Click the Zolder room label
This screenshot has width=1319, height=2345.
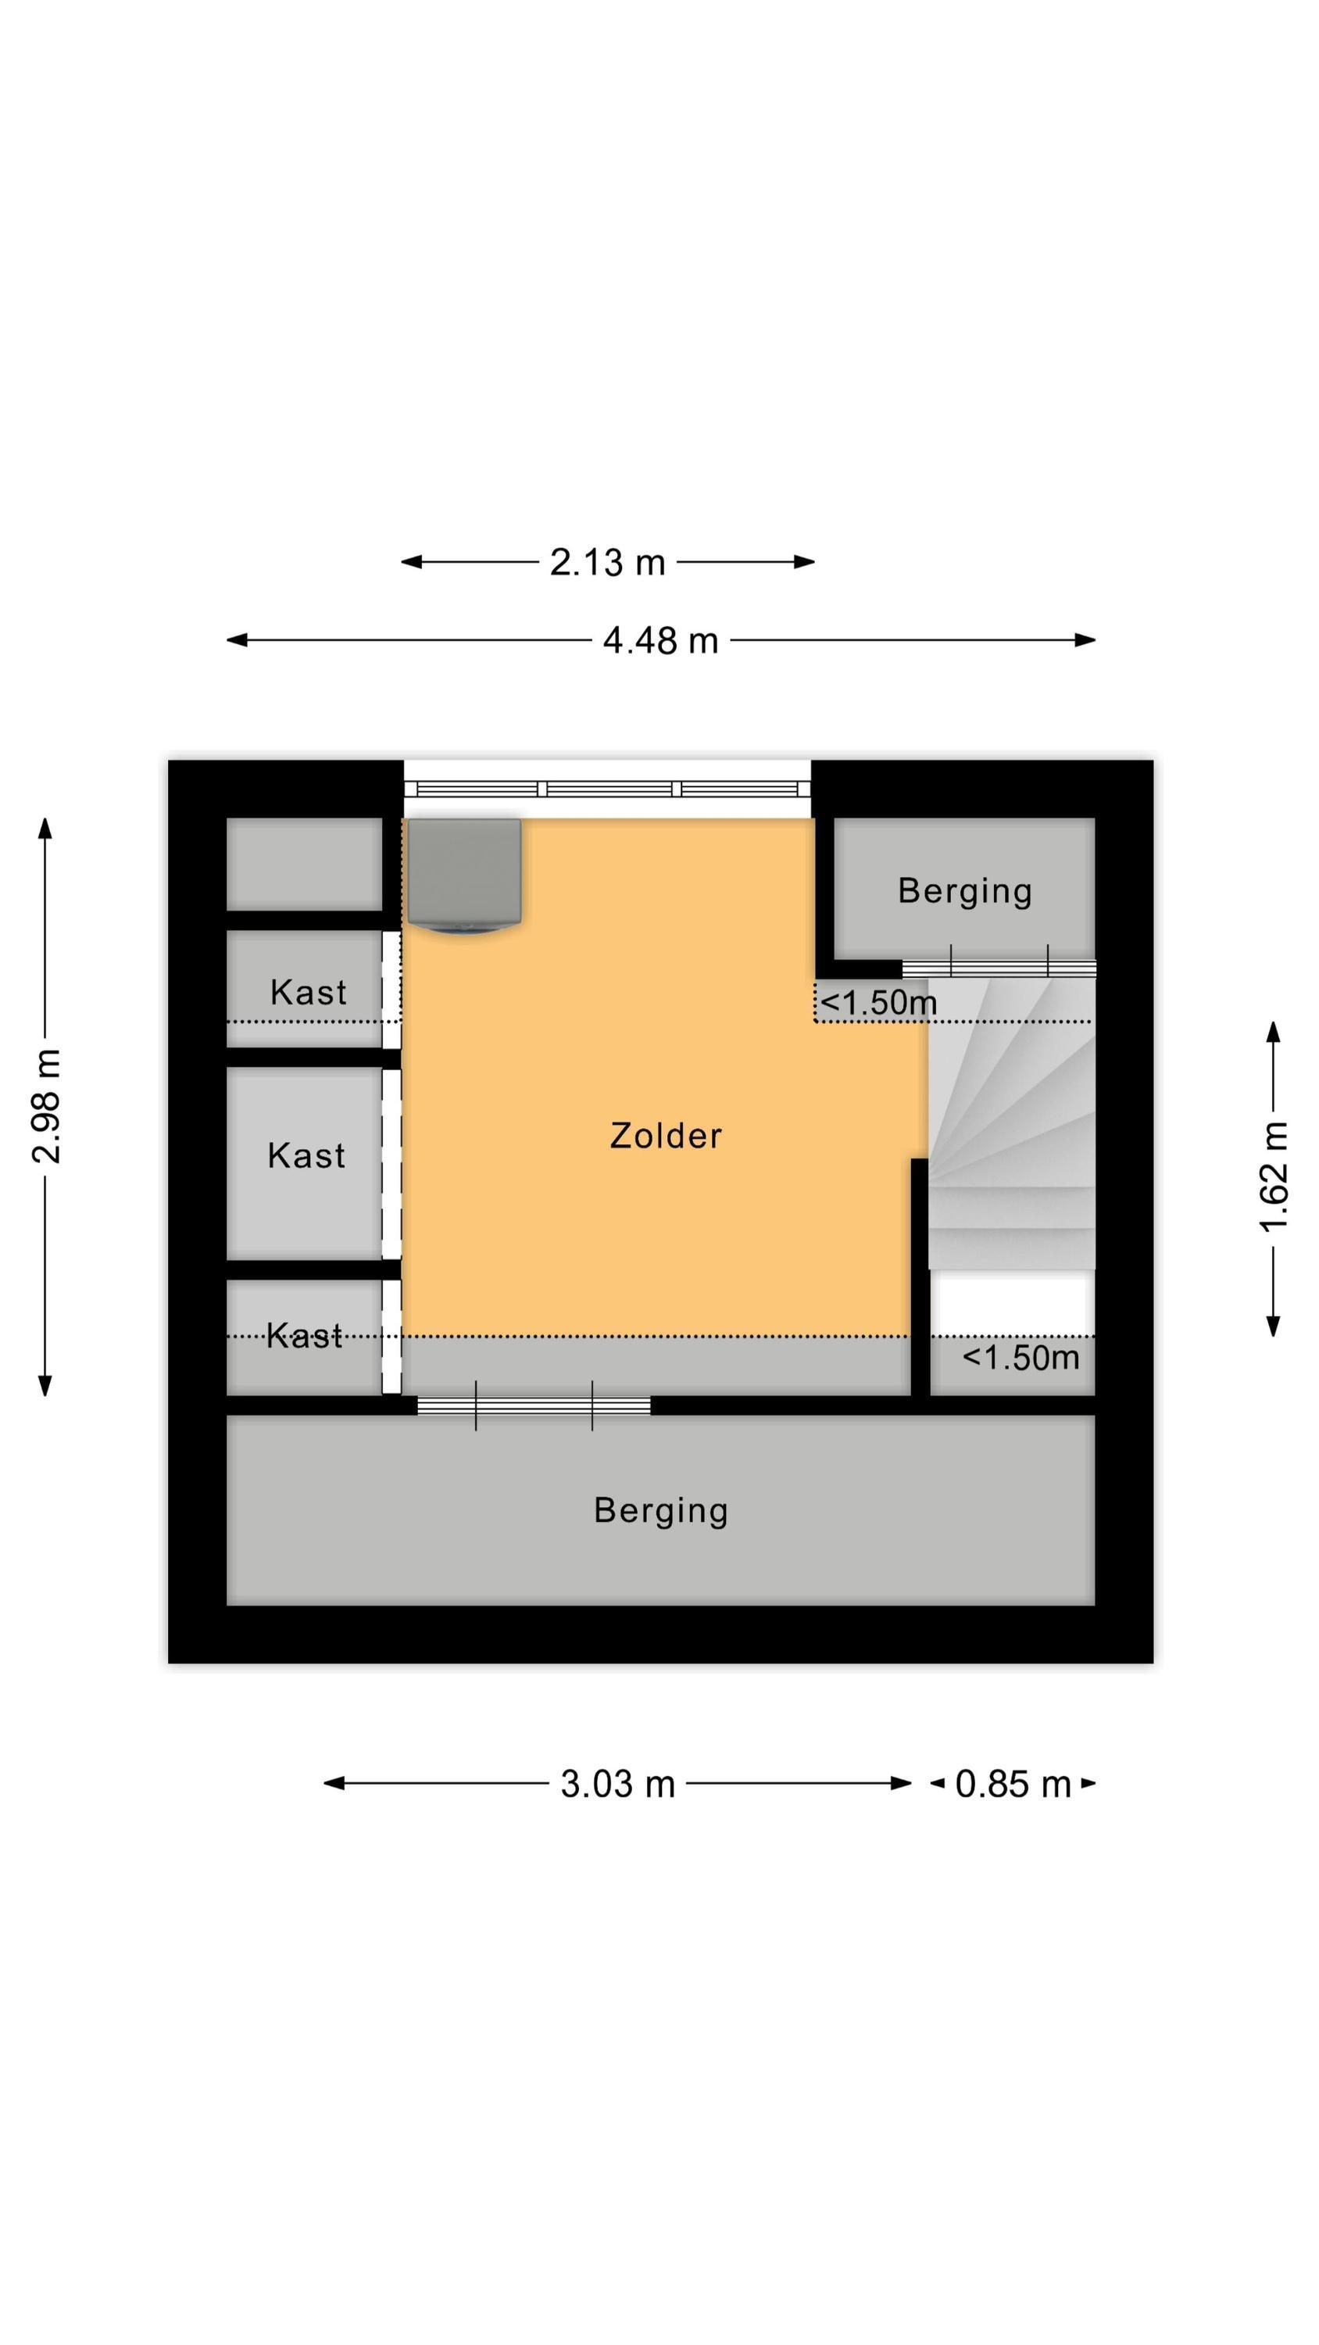pyautogui.click(x=666, y=1135)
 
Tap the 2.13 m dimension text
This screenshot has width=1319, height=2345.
pyautogui.click(x=607, y=563)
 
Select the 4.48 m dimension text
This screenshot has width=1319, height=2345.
pyautogui.click(x=660, y=641)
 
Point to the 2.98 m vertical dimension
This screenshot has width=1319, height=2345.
pyautogui.click(x=45, y=1106)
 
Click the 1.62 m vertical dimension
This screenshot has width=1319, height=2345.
pyautogui.click(x=1274, y=1178)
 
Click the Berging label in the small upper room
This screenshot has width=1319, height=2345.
pyautogui.click(x=965, y=891)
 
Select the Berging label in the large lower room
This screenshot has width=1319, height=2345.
pyautogui.click(x=661, y=1510)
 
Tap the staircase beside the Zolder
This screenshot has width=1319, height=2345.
pyautogui.click(x=1011, y=1123)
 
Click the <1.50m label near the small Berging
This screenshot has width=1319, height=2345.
pyautogui.click(x=878, y=1002)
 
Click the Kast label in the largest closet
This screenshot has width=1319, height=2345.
pyautogui.click(x=307, y=1155)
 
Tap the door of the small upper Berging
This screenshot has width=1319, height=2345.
pyautogui.click(x=999, y=968)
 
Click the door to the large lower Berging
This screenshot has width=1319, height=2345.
pyautogui.click(x=534, y=1406)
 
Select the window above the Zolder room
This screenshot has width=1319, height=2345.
pyautogui.click(x=607, y=789)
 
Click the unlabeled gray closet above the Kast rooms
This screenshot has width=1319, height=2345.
pyautogui.click(x=304, y=863)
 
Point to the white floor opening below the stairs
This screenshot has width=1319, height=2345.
pyautogui.click(x=1011, y=1303)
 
